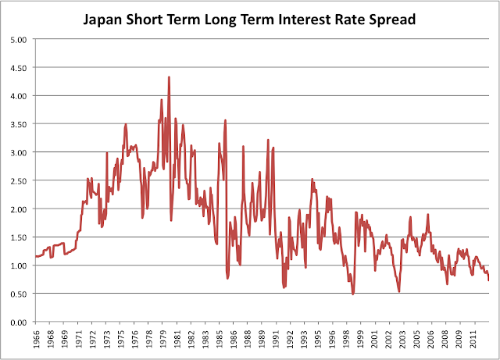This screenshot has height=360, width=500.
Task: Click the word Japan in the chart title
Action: pyautogui.click(x=106, y=17)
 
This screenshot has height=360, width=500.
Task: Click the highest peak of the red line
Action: pyautogui.click(x=169, y=77)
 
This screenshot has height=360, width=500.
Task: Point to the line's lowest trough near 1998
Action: pyautogui.click(x=353, y=294)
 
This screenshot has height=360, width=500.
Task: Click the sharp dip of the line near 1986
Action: pyautogui.click(x=227, y=277)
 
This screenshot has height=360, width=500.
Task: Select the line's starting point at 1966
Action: pyautogui.click(x=36, y=256)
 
